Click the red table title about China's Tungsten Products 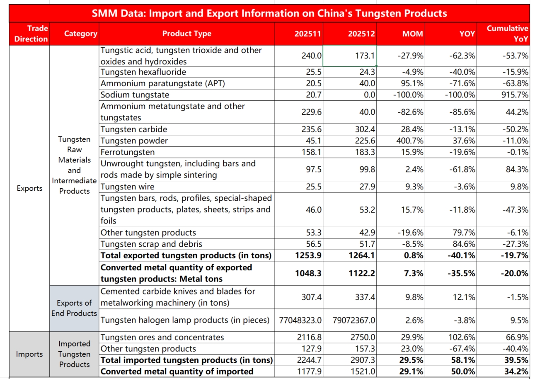269,13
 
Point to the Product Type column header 186,34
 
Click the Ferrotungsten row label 128,152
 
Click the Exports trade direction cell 29,188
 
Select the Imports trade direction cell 29,354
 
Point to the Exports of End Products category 74,308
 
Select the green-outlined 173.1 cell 350,56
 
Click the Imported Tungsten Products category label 74,354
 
